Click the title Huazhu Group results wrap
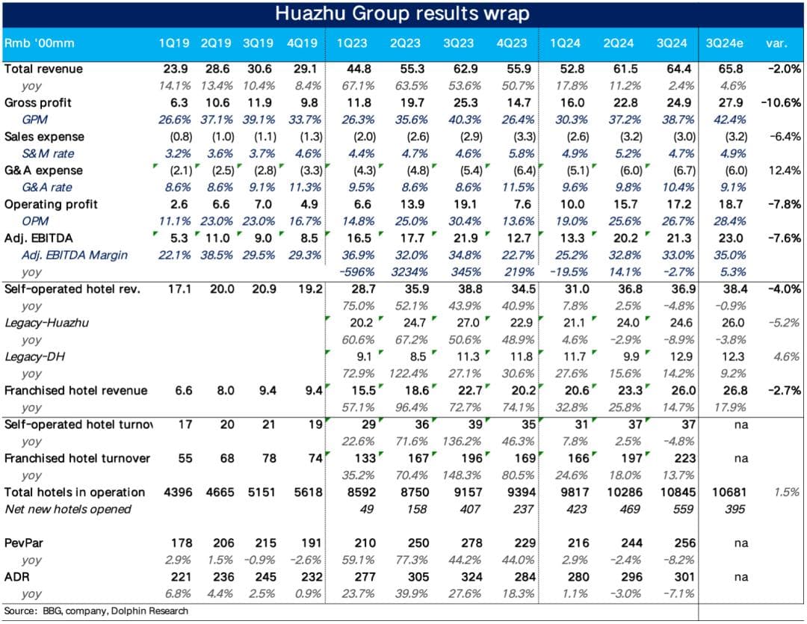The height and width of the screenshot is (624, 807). (x=403, y=13)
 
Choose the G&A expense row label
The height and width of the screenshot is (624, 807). (x=43, y=170)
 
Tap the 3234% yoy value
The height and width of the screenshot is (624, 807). (x=408, y=272)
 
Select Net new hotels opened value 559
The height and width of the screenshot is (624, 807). (x=679, y=509)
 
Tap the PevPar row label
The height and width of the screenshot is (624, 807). (x=22, y=543)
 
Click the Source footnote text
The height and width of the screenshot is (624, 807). (x=96, y=611)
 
